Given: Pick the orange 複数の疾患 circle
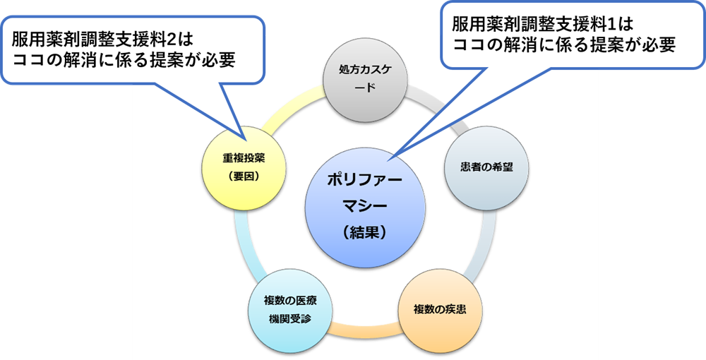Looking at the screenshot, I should coord(438,310).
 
